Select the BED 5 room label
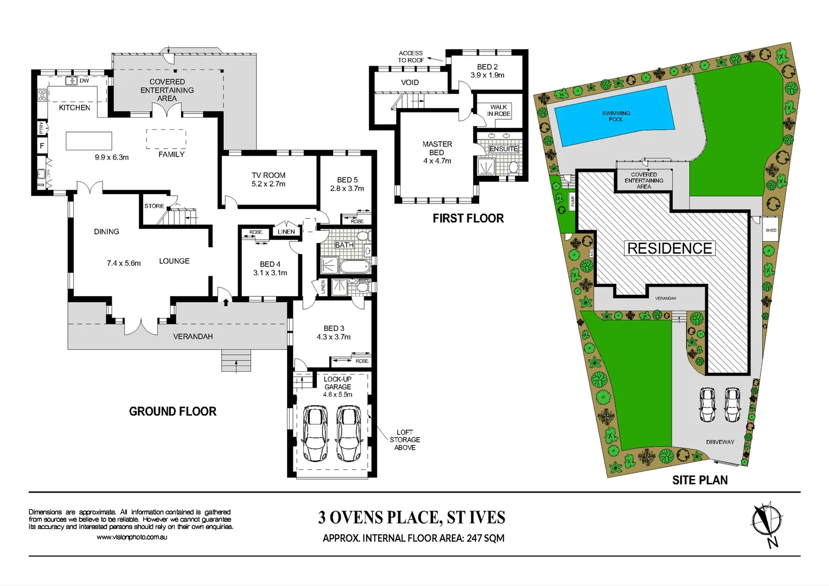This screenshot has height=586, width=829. pos(347,180)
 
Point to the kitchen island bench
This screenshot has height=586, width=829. pos(89,141)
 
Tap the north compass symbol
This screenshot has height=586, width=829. pos(766,521)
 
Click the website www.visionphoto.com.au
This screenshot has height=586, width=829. pos(132,537)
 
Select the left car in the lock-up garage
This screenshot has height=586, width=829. pos(315,434)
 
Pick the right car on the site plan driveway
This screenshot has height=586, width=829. pos(732,404)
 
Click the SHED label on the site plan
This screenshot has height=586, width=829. pos(771,230)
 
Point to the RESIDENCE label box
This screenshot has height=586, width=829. pos(669,249)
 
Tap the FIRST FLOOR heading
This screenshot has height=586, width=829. pos(468,219)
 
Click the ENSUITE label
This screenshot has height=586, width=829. pos(503,149)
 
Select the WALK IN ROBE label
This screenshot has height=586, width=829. pos(499,111)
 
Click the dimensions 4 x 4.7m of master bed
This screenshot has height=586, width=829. pos(437,161)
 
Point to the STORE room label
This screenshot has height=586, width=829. pos(154,206)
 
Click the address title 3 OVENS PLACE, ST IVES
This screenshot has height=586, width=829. pos(412,518)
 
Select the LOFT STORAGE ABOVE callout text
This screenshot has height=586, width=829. pos(405,440)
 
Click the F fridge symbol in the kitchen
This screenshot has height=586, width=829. pos(42,146)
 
